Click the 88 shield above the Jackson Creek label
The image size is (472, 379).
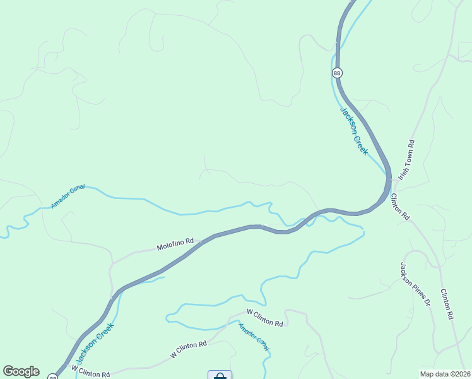pyautogui.click(x=337, y=73)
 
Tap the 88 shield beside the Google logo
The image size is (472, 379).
pyautogui.click(x=53, y=376)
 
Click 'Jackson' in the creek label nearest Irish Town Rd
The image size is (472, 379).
pyautogui.click(x=348, y=119)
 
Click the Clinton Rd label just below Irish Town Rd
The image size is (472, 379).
pyautogui.click(x=400, y=207)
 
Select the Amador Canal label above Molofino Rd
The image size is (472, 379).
pyautogui.click(x=68, y=197)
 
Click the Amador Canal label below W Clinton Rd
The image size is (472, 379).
pyautogui.click(x=254, y=337)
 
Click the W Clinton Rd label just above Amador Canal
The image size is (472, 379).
pyautogui.click(x=265, y=317)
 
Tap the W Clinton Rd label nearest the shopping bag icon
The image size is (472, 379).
pyautogui.click(x=189, y=349)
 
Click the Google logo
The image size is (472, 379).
pyautogui.click(x=21, y=371)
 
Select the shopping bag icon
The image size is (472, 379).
pyautogui.click(x=220, y=376)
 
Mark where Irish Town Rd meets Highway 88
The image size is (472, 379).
pyautogui.click(x=391, y=181)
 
